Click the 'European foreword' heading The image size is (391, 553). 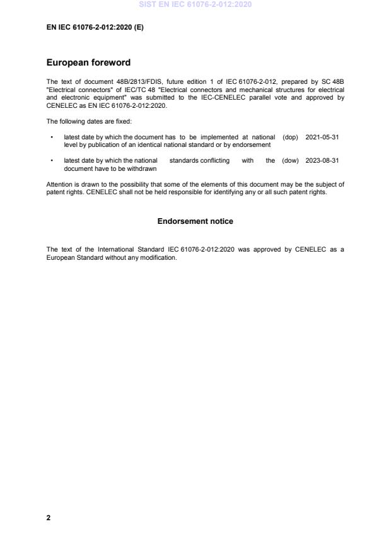click(88, 63)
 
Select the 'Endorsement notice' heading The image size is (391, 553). click(195, 221)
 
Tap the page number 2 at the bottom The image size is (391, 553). click(49, 518)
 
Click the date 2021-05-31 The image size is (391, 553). click(322, 137)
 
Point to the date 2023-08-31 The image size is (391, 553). click(322, 161)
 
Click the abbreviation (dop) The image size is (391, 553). click(291, 137)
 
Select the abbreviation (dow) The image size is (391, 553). click(290, 161)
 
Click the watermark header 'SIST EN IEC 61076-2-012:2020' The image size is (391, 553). click(195, 4)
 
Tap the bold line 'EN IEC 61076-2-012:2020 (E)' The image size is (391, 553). click(95, 27)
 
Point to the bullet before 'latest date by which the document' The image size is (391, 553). click(51, 137)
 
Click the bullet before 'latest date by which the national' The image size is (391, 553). click(51, 161)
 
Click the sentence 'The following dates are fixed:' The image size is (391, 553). click(89, 121)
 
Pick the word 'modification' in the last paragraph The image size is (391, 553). click(157, 257)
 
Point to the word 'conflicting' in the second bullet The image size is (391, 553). click(214, 161)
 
